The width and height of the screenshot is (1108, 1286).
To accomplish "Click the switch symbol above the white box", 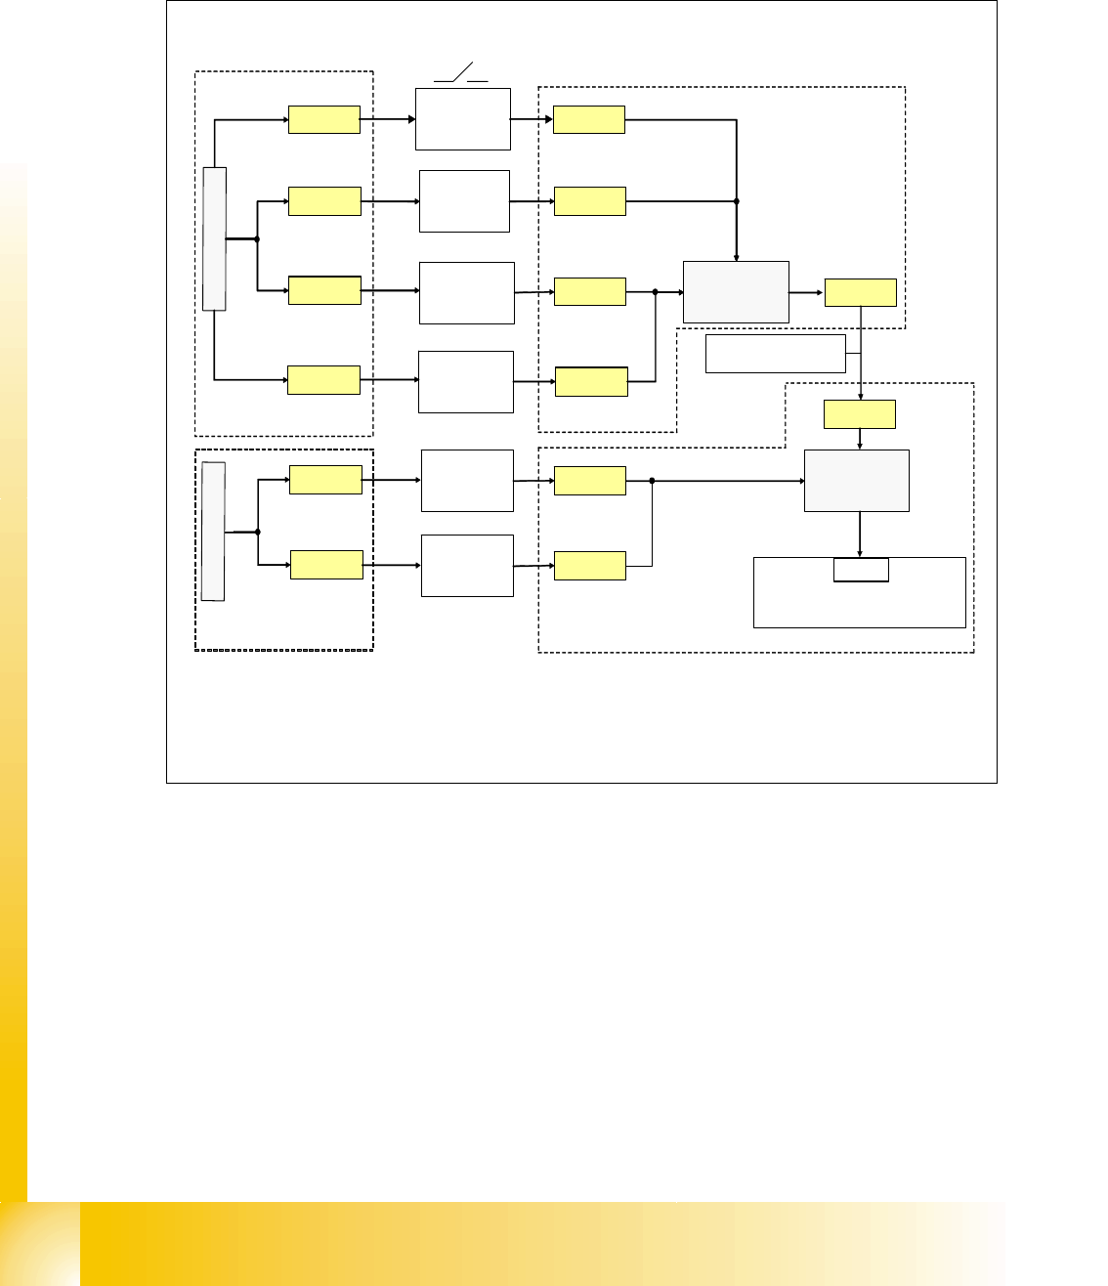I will point(461,73).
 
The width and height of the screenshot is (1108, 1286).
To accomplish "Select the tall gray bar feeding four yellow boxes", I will point(214,238).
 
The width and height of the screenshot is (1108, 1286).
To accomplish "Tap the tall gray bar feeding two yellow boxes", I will point(213,531).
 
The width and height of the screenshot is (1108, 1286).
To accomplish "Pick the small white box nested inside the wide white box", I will point(861,570).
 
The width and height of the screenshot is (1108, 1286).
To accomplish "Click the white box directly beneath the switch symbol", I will point(463,119).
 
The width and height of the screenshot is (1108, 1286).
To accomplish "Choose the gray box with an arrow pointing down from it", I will point(856,480).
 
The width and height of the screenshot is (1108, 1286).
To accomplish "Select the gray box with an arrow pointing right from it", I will point(736,291).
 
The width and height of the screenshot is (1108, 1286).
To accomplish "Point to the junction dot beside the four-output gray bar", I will point(256,238).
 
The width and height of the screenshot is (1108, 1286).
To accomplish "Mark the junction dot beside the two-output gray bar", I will point(257,532).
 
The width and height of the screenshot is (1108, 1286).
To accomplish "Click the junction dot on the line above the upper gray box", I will point(736,201).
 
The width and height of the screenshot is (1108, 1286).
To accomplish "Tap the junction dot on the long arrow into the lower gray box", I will point(652,481).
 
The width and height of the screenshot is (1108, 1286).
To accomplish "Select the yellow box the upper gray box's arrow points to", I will point(861,292).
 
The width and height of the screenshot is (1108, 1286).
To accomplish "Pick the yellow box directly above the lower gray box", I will point(860,414).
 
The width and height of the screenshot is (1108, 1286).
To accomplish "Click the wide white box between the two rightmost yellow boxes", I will point(776,353).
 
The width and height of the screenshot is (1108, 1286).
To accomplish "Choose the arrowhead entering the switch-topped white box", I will point(411,120).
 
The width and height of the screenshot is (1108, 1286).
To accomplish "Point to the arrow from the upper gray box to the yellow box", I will point(807,292).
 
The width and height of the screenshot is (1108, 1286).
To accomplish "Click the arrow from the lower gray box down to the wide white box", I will point(860,534).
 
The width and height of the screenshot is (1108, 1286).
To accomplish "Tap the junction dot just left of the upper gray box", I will point(655,291).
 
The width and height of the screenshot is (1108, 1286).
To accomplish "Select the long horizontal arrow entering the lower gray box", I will point(728,481).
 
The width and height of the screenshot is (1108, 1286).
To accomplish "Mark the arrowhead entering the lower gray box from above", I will point(860,446).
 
